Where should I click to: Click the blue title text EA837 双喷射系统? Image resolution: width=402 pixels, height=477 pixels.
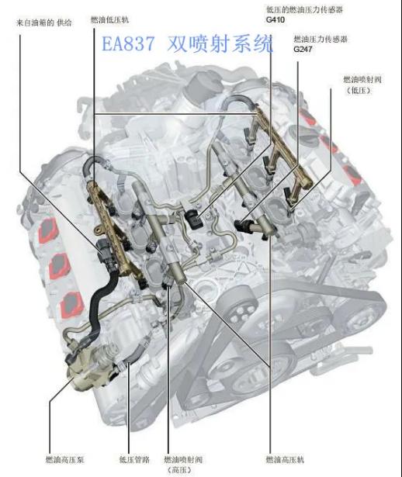(x=187, y=43)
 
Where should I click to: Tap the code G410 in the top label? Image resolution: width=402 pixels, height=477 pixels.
(x=275, y=19)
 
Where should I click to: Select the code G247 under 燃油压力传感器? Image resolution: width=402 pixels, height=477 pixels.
(x=303, y=49)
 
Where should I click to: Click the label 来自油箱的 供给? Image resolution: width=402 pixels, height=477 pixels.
(x=43, y=22)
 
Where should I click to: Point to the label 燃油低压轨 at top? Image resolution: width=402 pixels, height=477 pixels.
(x=110, y=19)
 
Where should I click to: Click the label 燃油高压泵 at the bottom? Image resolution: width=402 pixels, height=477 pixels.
(x=64, y=459)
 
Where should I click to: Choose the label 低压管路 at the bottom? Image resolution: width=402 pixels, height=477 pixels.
(x=134, y=459)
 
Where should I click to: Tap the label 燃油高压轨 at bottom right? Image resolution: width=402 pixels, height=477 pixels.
(x=285, y=459)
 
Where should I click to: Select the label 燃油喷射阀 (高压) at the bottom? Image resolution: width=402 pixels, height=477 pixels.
(x=183, y=465)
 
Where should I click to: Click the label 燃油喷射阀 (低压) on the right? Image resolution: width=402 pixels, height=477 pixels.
(x=362, y=85)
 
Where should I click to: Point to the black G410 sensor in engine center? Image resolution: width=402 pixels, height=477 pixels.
(x=192, y=219)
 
